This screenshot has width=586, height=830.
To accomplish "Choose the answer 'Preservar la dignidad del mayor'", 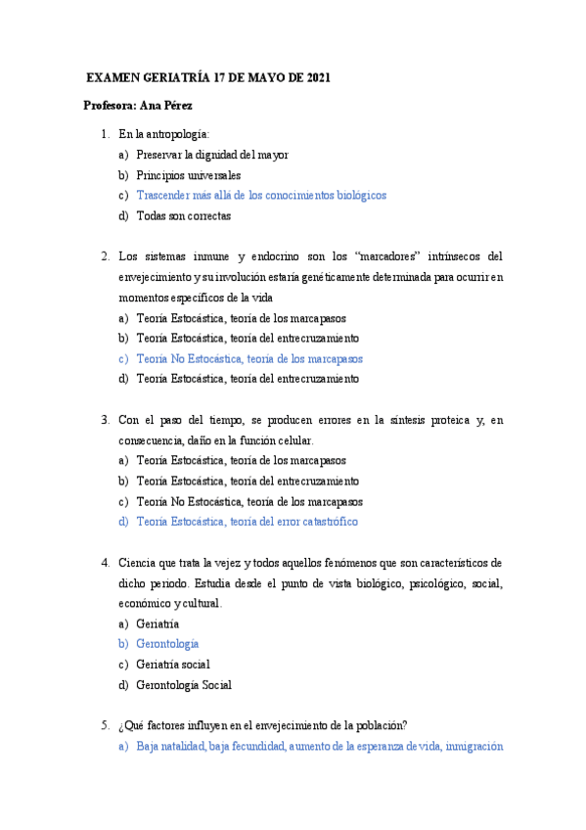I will click(x=212, y=155).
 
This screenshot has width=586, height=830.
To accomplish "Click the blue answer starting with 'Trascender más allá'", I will click(x=261, y=196).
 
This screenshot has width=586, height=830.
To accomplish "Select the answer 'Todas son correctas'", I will click(x=184, y=215).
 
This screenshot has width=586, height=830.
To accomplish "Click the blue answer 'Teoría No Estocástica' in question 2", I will click(x=249, y=358).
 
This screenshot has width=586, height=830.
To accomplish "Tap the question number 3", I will click(x=105, y=420).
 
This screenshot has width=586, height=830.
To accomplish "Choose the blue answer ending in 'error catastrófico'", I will click(x=248, y=522).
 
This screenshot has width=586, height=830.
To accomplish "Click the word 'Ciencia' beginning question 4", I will click(x=137, y=563).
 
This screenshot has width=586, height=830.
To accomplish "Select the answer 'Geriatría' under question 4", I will click(x=158, y=623).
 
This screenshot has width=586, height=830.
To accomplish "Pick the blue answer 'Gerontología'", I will click(x=167, y=644).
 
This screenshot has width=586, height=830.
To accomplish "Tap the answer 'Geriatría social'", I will click(x=173, y=665).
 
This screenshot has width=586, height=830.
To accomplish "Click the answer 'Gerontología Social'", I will click(x=184, y=685).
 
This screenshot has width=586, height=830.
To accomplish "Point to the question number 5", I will click(x=105, y=725).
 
